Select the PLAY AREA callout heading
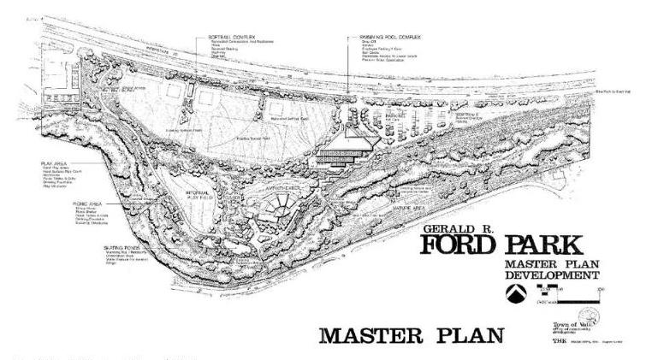53,162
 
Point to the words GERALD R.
450,229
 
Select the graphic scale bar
574,294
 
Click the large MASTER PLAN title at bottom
412,333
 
